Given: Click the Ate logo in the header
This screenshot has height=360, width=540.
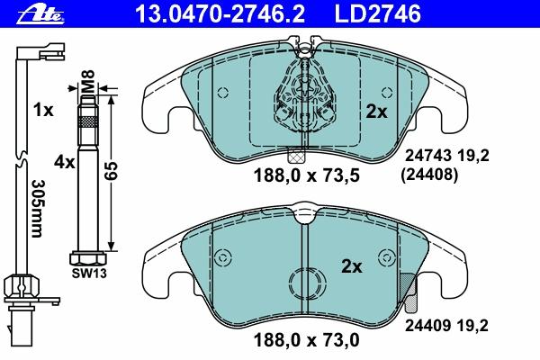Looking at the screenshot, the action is tap(40, 14).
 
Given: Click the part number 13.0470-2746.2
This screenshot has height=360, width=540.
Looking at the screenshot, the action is tap(220, 13).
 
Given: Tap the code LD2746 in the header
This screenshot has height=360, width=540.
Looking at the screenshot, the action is tap(377, 13).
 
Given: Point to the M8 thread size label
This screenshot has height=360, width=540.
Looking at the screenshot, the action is tap(88, 81).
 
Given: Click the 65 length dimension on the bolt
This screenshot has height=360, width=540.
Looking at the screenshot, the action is tap(112, 170).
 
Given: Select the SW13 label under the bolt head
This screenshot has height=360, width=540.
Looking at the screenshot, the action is tap(89, 274).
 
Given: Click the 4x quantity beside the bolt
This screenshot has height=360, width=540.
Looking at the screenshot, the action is tap(64, 162).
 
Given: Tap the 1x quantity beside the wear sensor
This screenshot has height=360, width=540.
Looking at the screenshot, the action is tap(43, 110).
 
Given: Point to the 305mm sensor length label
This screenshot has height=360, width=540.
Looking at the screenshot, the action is tap(37, 209).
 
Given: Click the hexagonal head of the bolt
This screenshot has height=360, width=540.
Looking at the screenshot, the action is tap(88, 258).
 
